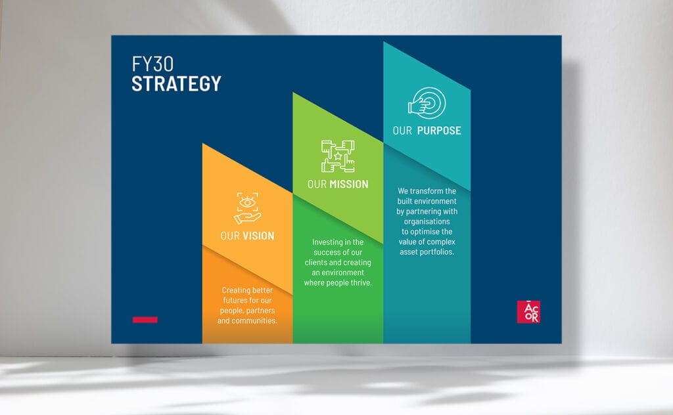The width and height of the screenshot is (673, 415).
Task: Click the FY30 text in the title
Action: (x=152, y=64)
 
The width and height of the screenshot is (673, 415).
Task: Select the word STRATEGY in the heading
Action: (x=176, y=83)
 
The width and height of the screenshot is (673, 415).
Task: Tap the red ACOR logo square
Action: (x=528, y=312)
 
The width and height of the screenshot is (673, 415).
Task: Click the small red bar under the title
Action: (x=145, y=320)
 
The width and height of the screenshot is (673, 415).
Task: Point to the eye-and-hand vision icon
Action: (x=248, y=208)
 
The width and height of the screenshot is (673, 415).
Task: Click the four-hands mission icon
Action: (x=338, y=156)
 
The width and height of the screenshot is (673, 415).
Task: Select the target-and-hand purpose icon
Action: (x=427, y=103)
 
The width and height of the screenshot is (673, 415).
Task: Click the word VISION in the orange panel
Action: (x=258, y=236)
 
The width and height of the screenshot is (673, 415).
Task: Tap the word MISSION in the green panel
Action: (x=349, y=185)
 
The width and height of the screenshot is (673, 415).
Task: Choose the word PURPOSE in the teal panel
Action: (x=439, y=131)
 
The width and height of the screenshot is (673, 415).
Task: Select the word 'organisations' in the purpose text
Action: (x=427, y=222)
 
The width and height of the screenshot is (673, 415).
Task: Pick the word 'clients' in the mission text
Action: (x=316, y=263)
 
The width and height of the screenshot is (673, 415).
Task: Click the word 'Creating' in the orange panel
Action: (x=235, y=290)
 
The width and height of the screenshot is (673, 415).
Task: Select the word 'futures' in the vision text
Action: (x=235, y=301)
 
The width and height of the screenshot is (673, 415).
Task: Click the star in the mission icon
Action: (x=338, y=156)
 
